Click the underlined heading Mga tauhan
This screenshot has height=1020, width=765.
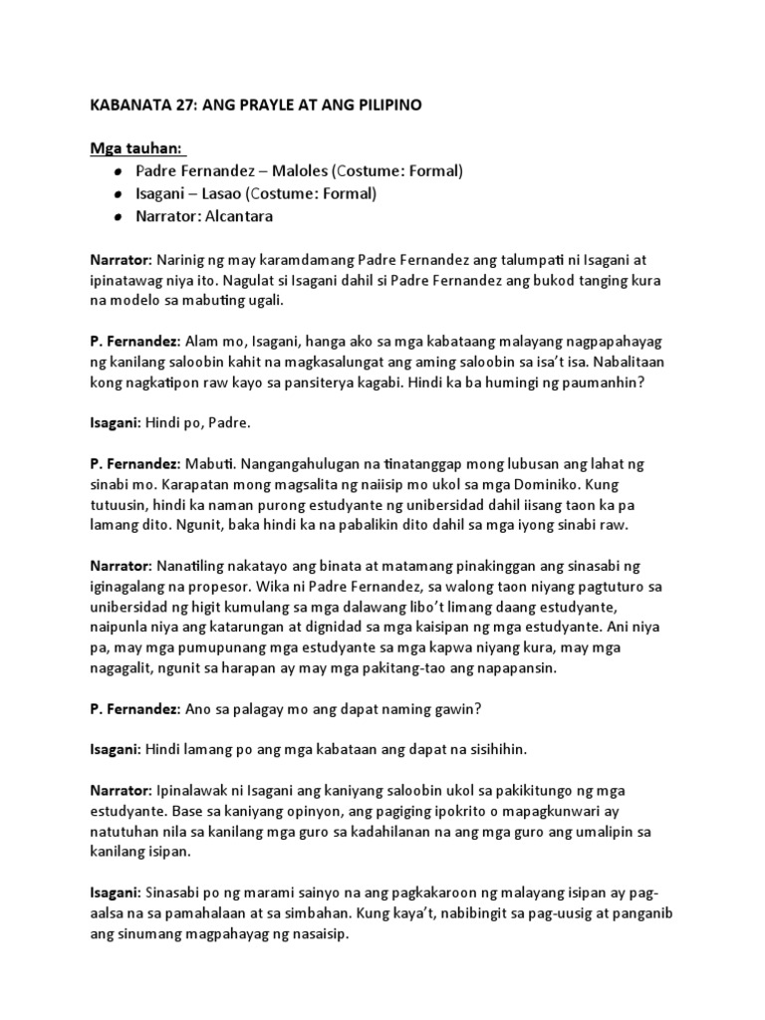135,148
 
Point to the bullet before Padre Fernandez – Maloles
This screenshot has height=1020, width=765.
118,171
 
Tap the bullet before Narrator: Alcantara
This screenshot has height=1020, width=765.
118,216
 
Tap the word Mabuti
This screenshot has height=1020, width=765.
210,467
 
